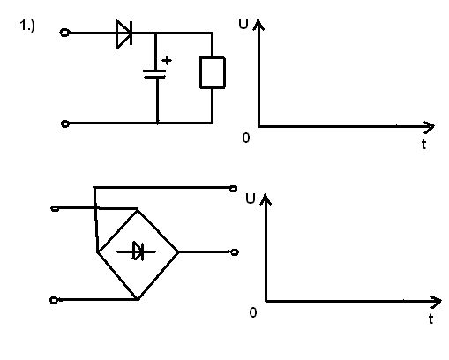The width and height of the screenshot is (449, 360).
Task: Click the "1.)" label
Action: click(x=27, y=26)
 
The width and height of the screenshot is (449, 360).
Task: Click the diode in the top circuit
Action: click(x=123, y=34)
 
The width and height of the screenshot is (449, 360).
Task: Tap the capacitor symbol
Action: click(x=154, y=74)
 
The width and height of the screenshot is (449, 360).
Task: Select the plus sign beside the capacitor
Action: click(x=167, y=60)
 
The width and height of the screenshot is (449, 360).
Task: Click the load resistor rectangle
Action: click(x=213, y=72)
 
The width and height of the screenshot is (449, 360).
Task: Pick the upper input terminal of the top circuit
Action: click(x=64, y=33)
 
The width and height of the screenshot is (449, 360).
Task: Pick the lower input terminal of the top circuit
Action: click(x=65, y=124)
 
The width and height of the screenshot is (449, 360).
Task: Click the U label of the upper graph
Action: click(x=243, y=24)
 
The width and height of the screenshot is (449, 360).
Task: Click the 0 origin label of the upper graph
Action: click(x=246, y=138)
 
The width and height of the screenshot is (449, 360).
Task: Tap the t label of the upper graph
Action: click(x=423, y=144)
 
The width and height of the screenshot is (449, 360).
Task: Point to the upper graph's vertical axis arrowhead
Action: click(x=258, y=24)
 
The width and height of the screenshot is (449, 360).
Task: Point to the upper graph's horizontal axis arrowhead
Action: click(x=429, y=126)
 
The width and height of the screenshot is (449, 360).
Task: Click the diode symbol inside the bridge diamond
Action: click(x=138, y=251)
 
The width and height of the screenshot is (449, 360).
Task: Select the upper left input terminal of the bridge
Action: click(x=55, y=208)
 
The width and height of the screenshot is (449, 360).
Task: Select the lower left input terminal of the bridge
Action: click(x=54, y=300)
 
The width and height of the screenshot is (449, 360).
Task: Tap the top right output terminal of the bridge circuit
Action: click(x=233, y=189)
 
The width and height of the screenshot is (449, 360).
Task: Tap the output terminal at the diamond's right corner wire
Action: click(x=235, y=252)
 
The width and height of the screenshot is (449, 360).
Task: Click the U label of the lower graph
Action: click(x=250, y=199)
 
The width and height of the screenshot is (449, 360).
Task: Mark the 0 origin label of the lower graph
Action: click(x=253, y=312)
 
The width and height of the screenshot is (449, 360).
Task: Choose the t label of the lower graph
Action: click(x=430, y=319)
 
